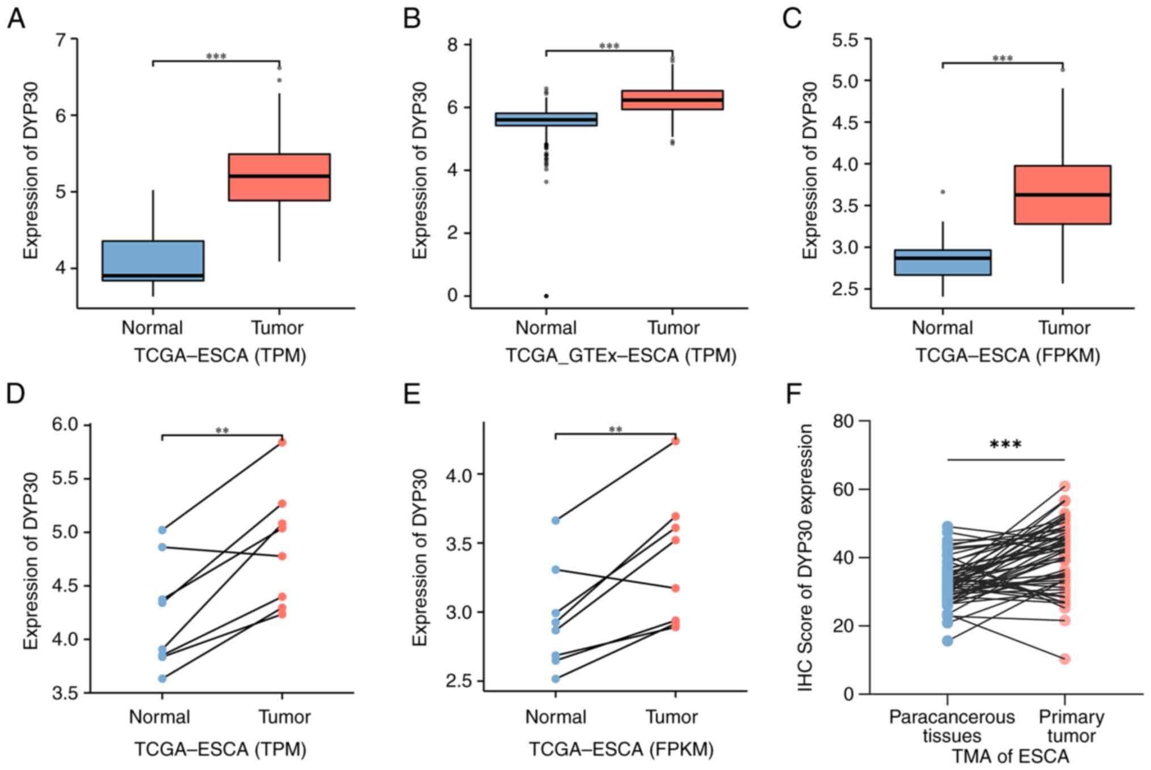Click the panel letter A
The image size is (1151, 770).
point(16,18)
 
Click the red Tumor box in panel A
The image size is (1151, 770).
point(279,177)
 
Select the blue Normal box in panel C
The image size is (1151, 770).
point(942,262)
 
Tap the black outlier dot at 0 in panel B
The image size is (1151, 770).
point(546,296)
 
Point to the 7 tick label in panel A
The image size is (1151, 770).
point(61,40)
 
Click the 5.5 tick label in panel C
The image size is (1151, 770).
point(844,40)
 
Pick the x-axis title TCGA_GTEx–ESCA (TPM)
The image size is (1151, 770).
point(620,356)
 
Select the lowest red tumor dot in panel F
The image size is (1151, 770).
point(1065,659)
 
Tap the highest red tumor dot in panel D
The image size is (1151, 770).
point(282,443)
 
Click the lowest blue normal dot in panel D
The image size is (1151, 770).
point(162,678)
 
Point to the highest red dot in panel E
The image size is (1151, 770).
point(675,441)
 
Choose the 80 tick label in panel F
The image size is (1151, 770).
point(843,422)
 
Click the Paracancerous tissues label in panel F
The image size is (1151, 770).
point(952,726)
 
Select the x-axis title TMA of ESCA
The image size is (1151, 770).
point(1010,757)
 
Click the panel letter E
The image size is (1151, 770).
point(412,394)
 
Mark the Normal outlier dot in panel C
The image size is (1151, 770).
point(943,192)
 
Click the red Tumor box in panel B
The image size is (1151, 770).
point(672,100)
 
